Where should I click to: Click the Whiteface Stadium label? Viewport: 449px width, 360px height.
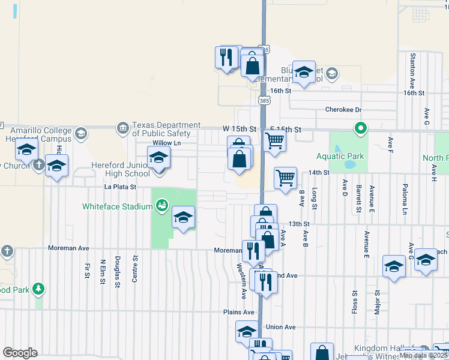(x=118, y=206)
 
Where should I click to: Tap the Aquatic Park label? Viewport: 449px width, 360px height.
(x=341, y=156)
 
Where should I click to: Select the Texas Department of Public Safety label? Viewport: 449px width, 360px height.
(x=161, y=129)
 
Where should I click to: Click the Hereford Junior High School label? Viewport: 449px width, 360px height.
(x=121, y=169)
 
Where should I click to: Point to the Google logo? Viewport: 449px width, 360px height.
(x=20, y=353)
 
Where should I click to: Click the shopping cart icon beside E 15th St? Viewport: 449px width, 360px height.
(x=274, y=141)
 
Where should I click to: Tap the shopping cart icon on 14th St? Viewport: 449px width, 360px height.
(x=285, y=177)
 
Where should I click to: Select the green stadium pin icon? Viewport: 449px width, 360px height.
(x=161, y=206)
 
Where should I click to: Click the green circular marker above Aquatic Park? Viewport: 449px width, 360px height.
(x=361, y=127)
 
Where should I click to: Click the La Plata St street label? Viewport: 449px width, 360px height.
(x=120, y=187)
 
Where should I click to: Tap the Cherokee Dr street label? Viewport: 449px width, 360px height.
(x=343, y=110)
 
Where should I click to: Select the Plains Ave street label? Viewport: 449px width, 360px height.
(x=239, y=312)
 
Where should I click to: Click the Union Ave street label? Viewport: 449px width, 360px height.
(x=281, y=327)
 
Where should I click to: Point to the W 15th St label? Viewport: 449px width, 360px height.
(x=240, y=129)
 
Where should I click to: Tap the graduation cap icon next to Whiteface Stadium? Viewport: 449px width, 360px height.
(x=184, y=217)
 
